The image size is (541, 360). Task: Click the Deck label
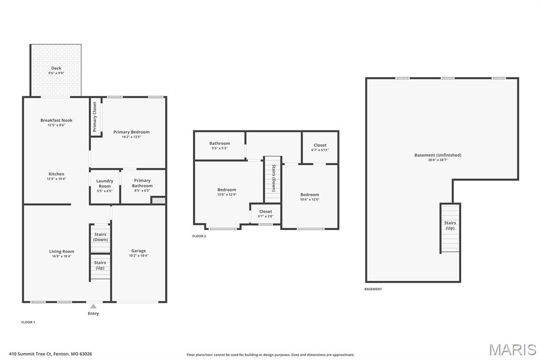[56, 68]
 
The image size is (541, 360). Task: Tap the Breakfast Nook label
[57, 120]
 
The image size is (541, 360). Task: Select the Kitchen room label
[57, 174]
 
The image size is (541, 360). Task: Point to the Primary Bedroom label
[132, 132]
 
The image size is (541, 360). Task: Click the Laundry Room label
[105, 184]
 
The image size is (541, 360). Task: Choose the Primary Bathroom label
[142, 183]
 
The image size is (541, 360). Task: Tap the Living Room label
[62, 252]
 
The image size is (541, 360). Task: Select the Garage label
[138, 251]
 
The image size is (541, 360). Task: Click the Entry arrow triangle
[93, 306]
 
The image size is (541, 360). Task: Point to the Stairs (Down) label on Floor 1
[100, 237]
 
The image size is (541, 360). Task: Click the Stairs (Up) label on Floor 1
[100, 265]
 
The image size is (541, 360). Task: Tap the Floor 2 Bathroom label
[219, 144]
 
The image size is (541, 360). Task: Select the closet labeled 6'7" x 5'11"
[320, 145]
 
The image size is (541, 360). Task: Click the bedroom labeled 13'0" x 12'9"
[227, 190]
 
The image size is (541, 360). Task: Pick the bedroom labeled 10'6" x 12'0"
[310, 195]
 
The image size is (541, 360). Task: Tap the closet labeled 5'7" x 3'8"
[266, 212]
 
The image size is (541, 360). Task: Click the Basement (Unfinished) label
[437, 155]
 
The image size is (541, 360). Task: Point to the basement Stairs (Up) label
[450, 225]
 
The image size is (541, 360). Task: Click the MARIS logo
[512, 349]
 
